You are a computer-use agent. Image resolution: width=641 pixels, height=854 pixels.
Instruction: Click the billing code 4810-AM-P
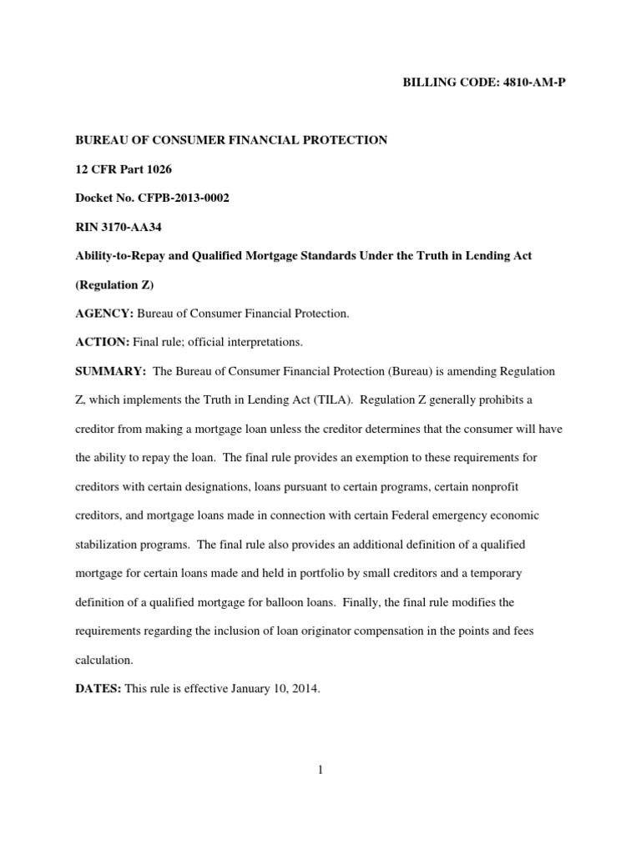[x=531, y=85]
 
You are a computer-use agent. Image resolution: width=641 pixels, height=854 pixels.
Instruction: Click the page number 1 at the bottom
[x=320, y=770]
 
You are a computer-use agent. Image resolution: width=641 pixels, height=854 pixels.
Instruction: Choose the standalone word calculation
[x=103, y=660]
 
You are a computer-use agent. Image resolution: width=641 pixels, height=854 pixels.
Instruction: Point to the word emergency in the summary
[x=474, y=515]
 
